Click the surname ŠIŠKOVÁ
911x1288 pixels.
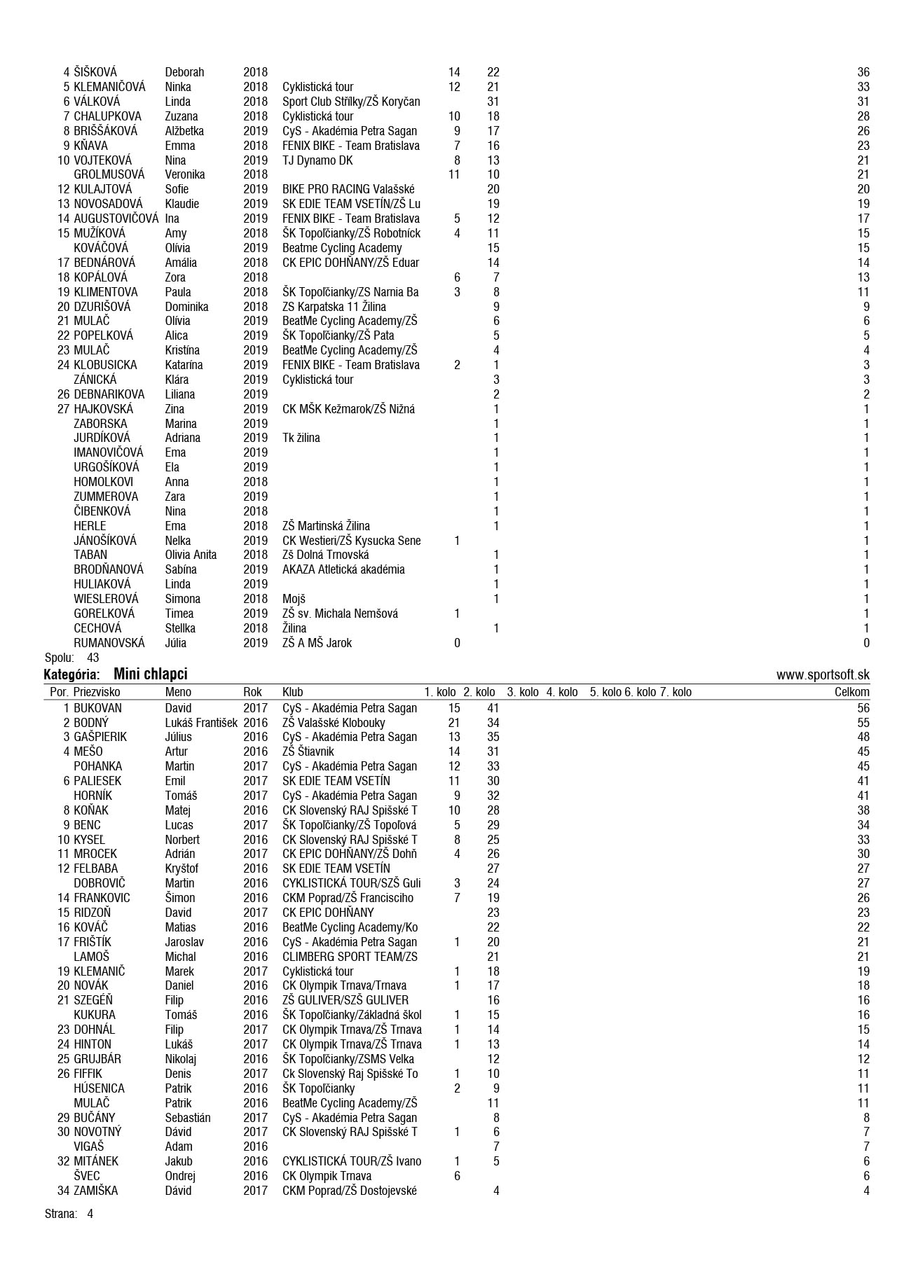(95, 72)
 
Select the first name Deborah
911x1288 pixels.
(184, 72)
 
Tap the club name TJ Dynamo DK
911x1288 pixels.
(317, 160)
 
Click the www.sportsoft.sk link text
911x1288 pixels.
(823, 675)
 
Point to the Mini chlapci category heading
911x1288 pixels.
(151, 674)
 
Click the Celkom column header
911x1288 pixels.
(851, 692)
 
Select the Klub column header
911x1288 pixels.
(293, 692)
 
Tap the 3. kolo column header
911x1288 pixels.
(523, 692)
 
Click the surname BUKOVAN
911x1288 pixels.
(97, 708)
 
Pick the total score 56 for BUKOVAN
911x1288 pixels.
(863, 708)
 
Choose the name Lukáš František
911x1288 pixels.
(201, 723)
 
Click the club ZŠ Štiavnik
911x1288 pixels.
(308, 752)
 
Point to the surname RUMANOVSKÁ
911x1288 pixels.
(109, 643)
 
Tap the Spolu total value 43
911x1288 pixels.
(93, 658)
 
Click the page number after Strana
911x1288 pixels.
(90, 1214)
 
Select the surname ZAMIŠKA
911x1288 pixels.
(96, 1191)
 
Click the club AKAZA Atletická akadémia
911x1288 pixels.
(343, 569)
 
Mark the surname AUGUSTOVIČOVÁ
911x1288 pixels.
(116, 219)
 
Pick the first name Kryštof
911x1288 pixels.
(181, 868)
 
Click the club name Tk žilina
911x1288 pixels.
(301, 438)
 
